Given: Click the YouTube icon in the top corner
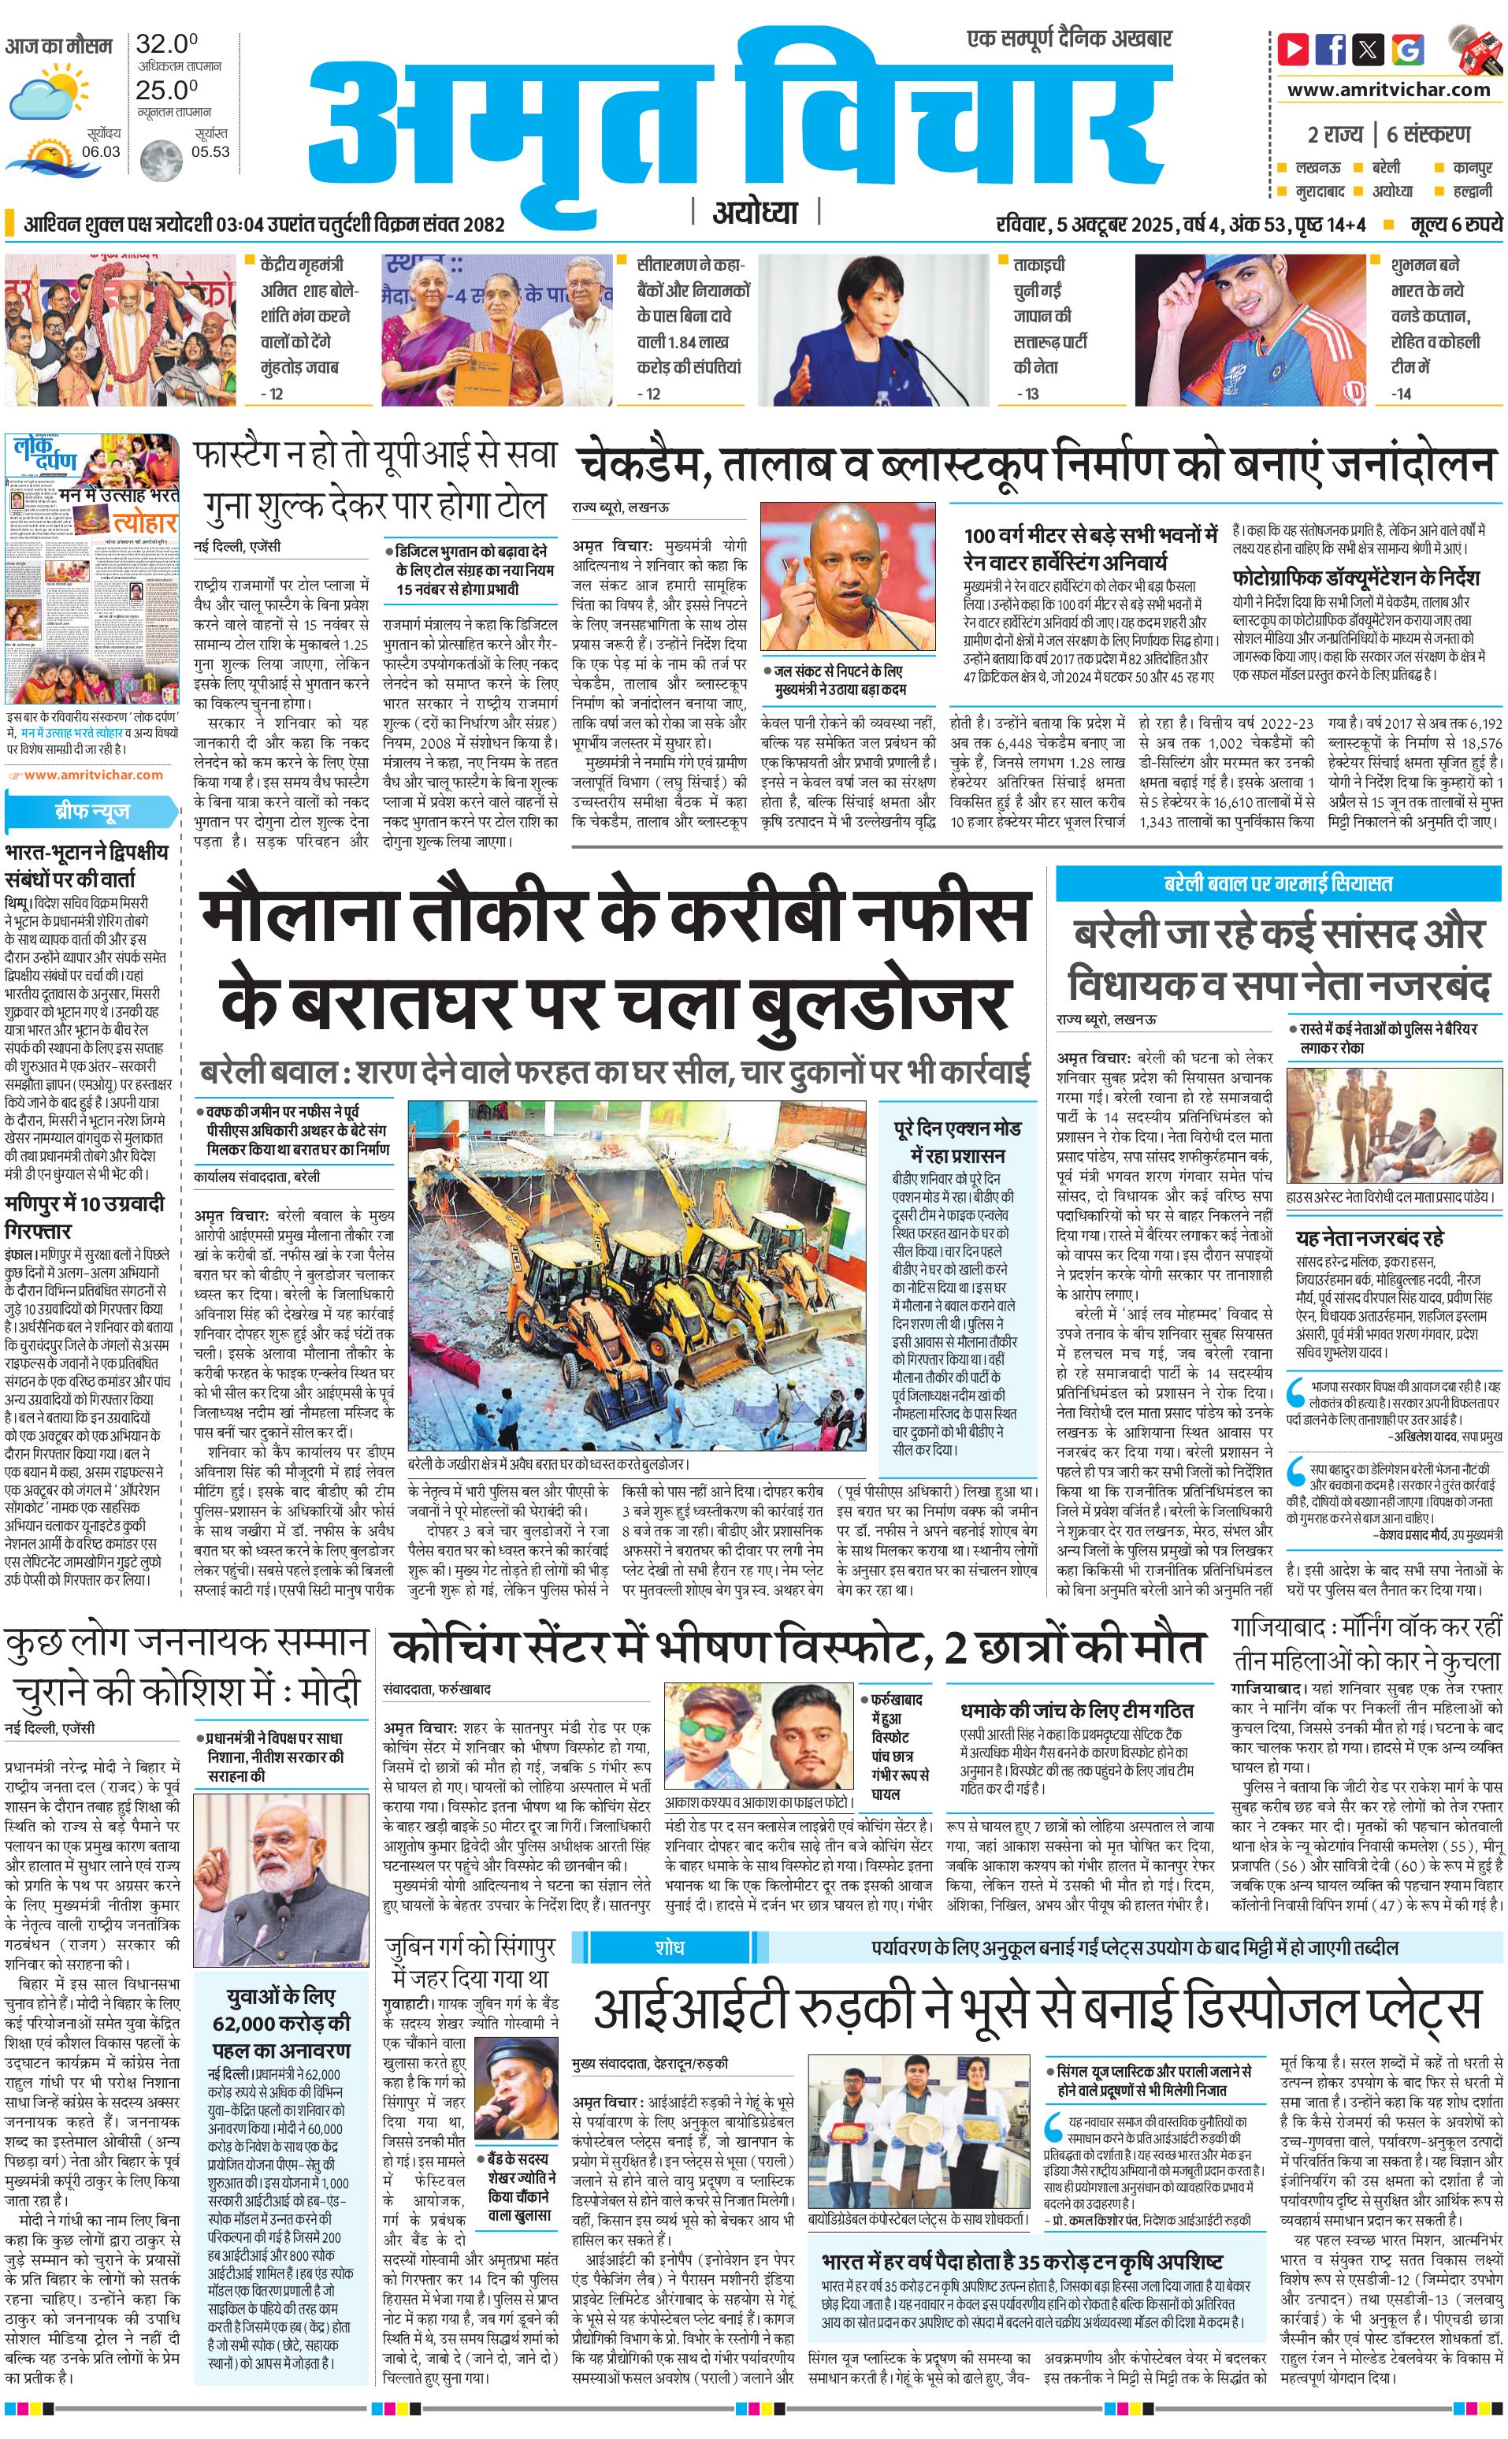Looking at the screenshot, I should [1294, 48].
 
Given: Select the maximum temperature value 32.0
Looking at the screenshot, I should [166, 44].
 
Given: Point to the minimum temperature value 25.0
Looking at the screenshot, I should [166, 89].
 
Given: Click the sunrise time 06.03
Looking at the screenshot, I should [101, 151].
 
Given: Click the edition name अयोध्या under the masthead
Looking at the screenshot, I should [755, 213].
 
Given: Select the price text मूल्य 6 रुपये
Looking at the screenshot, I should [1455, 225].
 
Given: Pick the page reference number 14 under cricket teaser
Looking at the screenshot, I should [1402, 393].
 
